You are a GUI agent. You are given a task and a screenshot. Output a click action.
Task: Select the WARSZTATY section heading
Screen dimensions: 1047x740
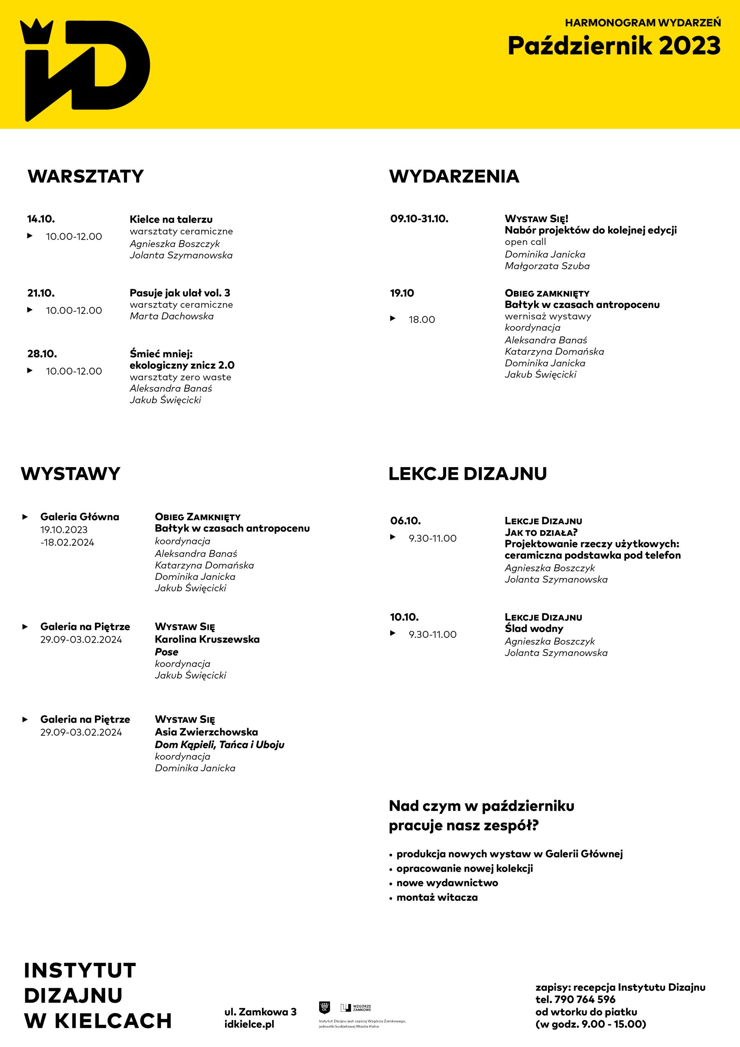pos(86,176)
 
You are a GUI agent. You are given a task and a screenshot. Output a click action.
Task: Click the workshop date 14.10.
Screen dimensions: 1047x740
pos(41,219)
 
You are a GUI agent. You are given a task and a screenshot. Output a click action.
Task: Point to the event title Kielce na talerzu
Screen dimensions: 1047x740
pos(171,219)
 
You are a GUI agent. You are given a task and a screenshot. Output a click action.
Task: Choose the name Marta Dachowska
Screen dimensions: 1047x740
pos(171,316)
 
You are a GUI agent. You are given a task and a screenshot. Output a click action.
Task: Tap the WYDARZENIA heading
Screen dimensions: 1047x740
pos(454,176)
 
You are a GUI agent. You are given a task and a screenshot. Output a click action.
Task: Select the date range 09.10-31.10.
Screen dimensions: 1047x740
pos(419,219)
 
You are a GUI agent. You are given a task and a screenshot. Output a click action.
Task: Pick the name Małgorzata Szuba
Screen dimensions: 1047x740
pos(547,266)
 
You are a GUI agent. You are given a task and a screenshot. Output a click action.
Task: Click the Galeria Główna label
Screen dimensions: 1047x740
pos(80,517)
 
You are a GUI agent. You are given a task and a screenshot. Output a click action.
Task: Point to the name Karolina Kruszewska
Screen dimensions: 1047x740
pos(207,639)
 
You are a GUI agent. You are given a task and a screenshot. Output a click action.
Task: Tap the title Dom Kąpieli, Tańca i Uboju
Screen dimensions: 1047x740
pos(219,745)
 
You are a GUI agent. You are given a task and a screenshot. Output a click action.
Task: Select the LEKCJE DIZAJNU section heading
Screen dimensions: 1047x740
pos(468,474)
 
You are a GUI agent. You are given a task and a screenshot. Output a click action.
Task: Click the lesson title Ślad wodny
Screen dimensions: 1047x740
pos(534,628)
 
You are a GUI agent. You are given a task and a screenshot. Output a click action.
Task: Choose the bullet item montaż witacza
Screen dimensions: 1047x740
pos(437,897)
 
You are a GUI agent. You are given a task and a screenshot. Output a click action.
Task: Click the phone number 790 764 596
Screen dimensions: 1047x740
pos(585,1000)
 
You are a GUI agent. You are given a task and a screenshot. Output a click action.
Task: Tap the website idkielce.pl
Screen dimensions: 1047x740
pos(249,1024)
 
